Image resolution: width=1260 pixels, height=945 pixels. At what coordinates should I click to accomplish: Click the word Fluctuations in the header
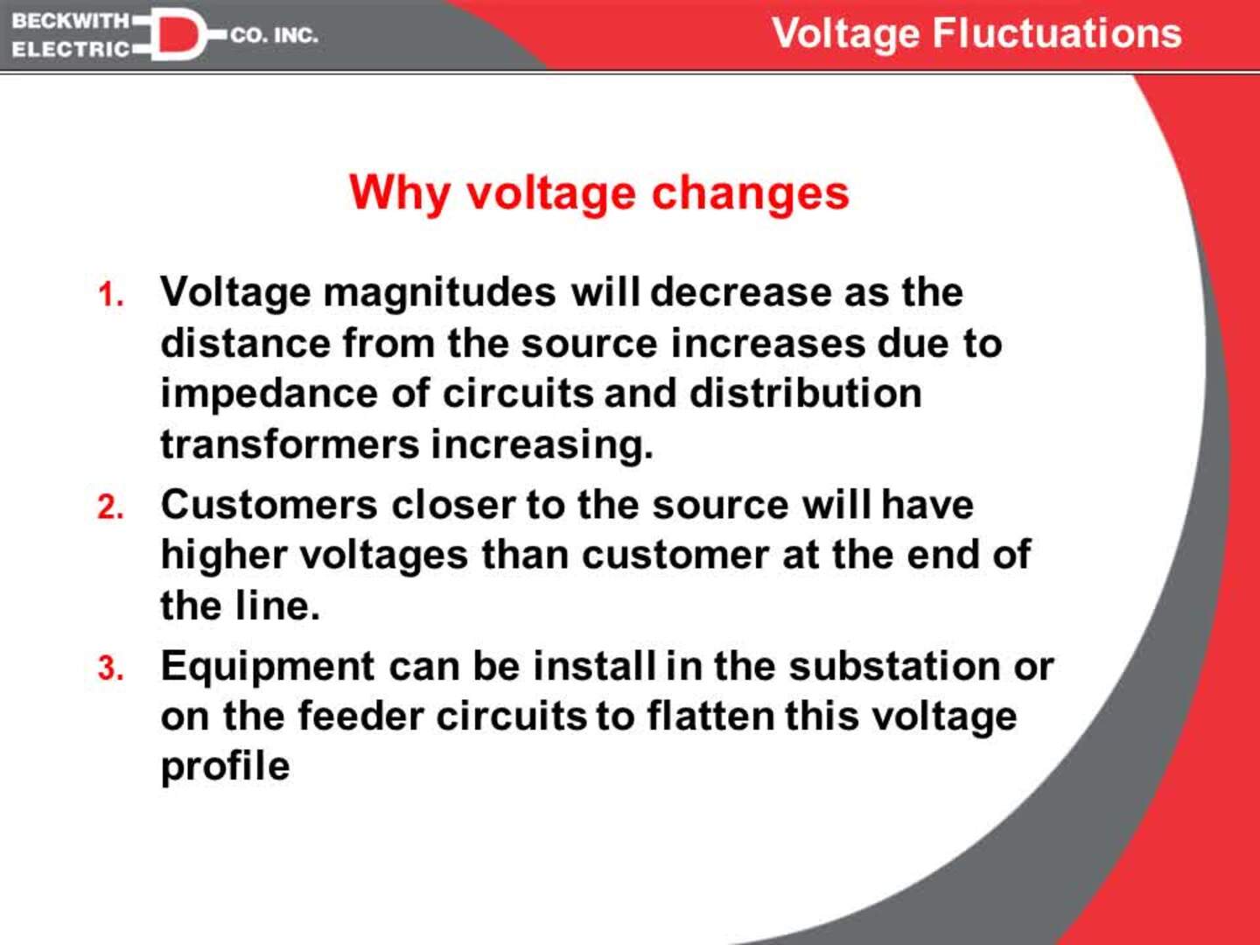coord(1057,33)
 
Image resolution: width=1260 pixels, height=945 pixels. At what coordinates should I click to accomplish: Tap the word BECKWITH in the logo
coord(70,20)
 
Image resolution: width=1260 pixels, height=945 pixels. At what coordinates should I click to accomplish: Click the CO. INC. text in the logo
coord(274,36)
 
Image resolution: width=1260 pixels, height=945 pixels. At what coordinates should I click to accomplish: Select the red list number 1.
coord(110,295)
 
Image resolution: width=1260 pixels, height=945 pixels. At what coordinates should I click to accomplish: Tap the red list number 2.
coord(110,507)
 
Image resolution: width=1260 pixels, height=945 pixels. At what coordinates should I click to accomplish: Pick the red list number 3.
coord(110,669)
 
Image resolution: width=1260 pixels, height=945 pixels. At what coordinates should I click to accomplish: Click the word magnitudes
coord(439,292)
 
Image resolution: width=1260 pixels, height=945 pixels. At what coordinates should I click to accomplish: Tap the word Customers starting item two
coord(269,505)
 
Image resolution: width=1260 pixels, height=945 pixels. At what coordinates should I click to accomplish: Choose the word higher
coord(223,555)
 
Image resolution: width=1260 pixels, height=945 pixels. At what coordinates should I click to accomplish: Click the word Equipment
coord(268,667)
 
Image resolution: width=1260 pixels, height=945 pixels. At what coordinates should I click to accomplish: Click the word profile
coord(225,766)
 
